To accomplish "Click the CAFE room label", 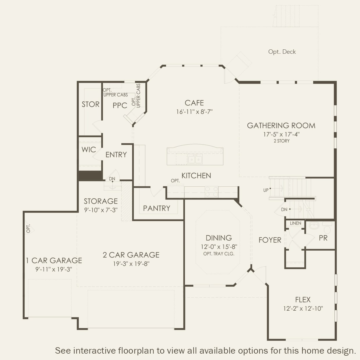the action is point(194,103).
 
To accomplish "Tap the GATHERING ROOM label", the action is point(281,125).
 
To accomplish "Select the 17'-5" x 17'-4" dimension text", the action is point(281,134).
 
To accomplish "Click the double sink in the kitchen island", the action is point(195,160).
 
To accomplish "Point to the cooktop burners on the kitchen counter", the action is point(211,192).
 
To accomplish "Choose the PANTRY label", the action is point(156,208).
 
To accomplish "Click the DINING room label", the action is point(219,238).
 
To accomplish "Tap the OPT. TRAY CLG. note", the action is point(219,254).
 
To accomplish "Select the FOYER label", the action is point(270,240).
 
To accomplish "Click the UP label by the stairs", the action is point(266,190).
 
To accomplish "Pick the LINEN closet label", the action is point(296,223).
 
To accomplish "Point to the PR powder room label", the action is point(323,238).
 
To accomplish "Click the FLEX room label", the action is point(303,300).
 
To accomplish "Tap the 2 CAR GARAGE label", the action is point(131,255).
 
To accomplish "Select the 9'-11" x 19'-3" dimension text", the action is point(54,269).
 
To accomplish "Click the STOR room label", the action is point(90,104).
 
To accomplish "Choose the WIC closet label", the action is point(89,150).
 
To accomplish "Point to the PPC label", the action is point(120,105).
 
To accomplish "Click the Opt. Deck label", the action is point(282,52).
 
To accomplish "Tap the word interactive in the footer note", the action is point(96,350).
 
